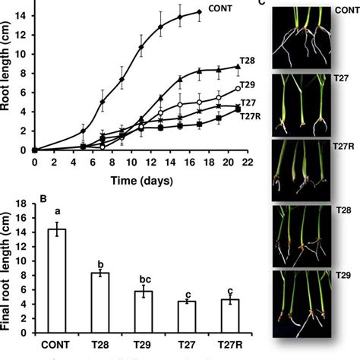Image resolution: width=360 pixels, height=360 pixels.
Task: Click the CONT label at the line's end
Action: [x=219, y=8]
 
